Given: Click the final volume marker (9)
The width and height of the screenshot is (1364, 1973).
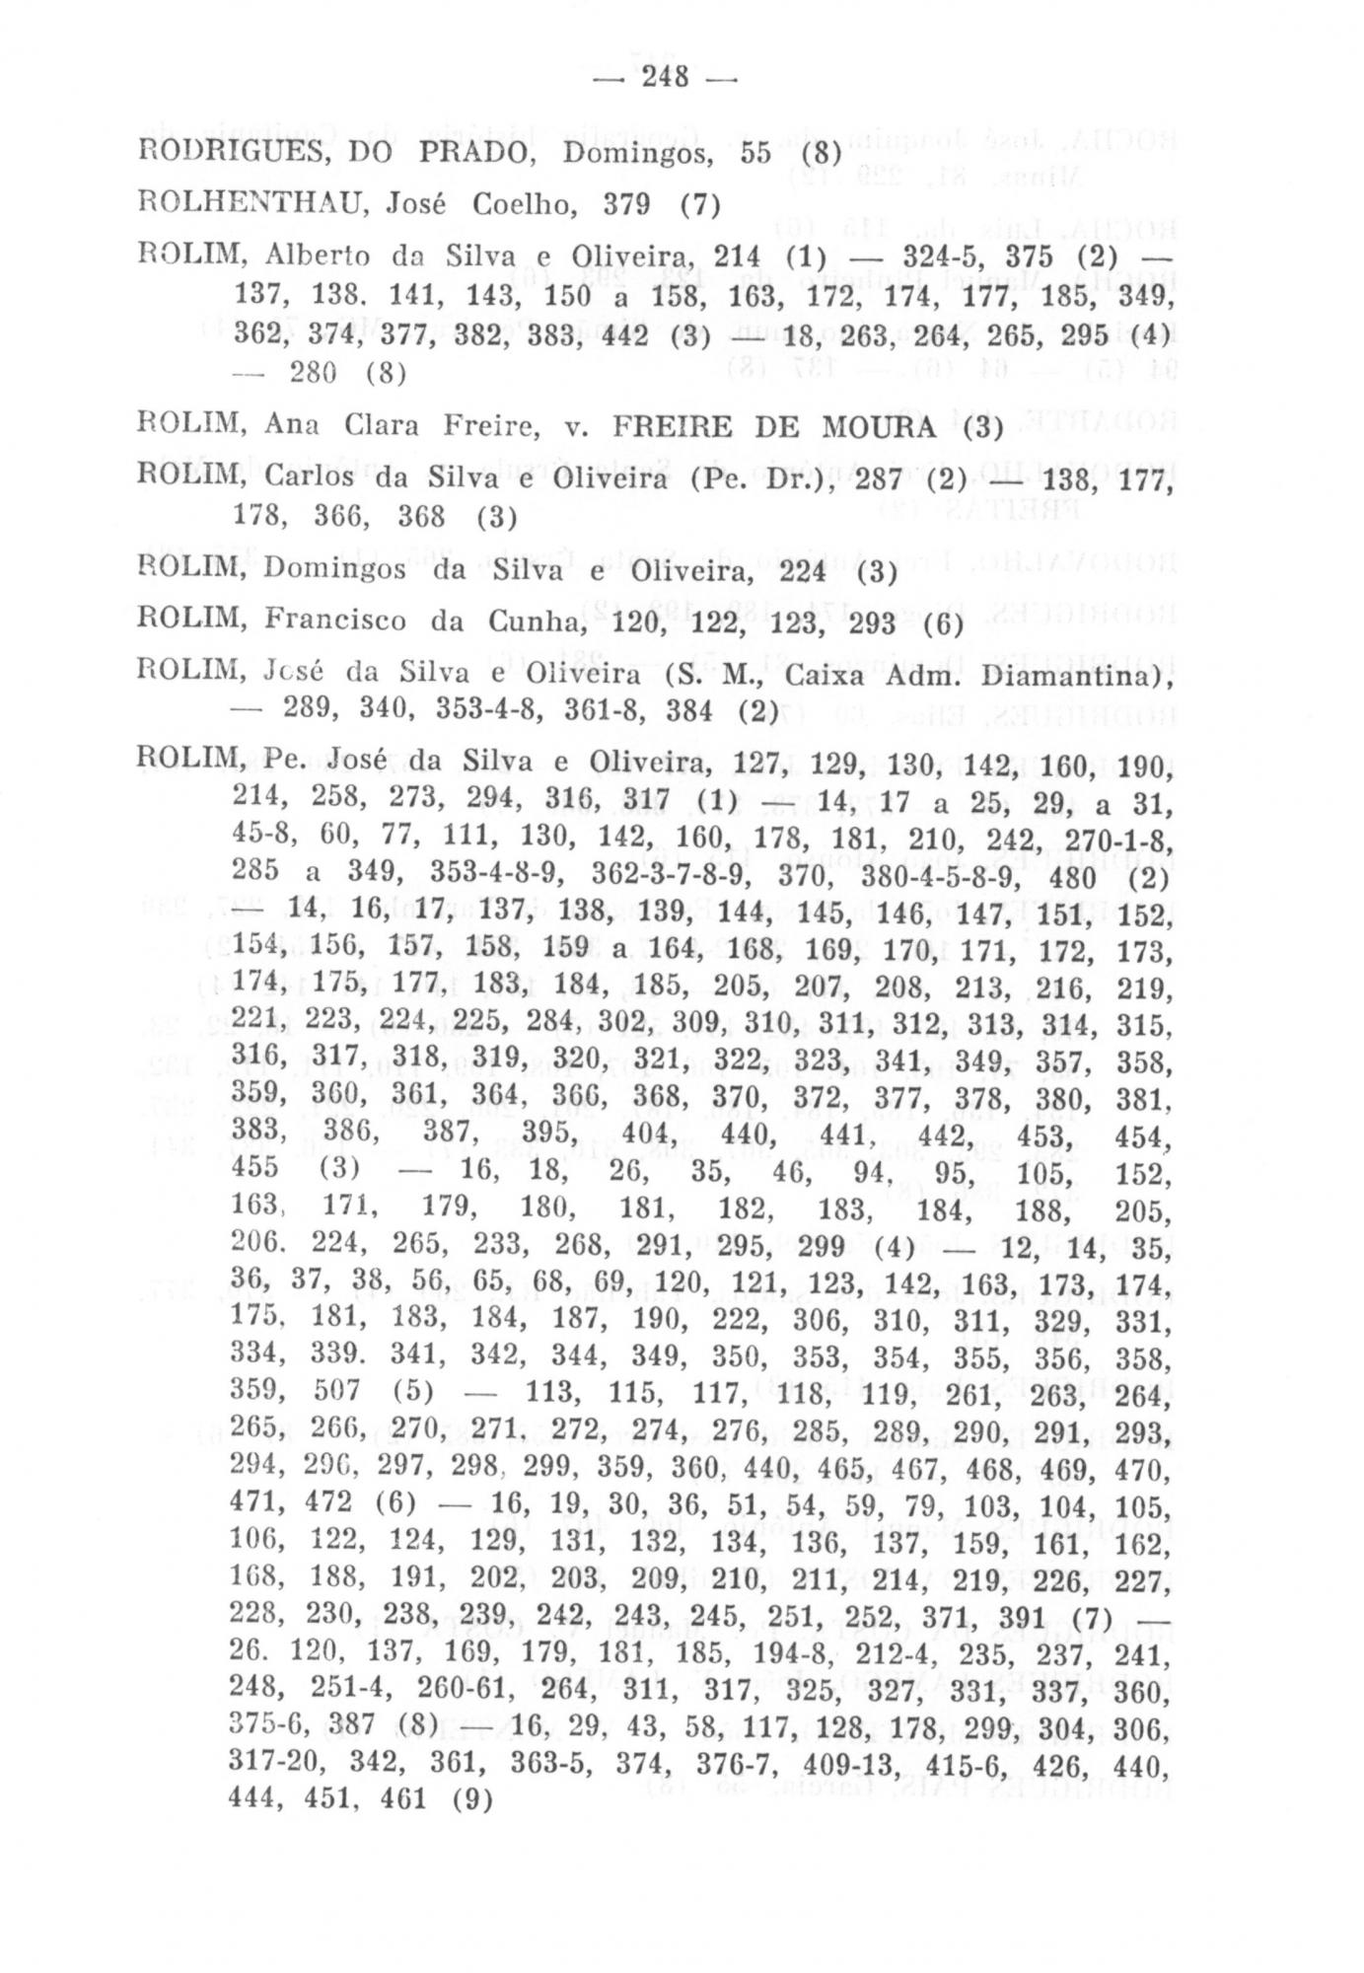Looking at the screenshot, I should coord(470,1798).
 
